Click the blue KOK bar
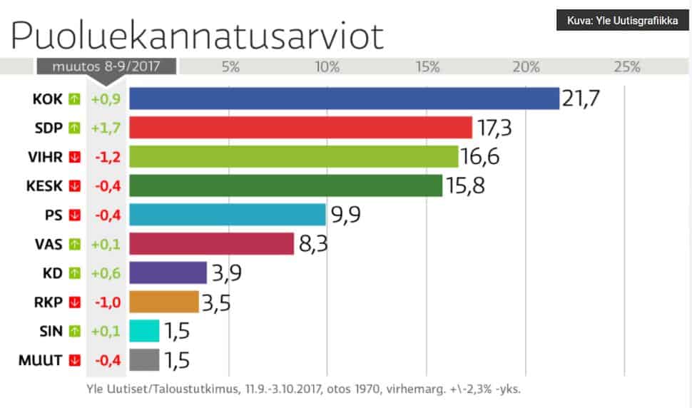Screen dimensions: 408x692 (344, 98)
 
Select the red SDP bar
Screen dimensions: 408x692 (300, 128)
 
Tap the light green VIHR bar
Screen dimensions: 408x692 (293, 156)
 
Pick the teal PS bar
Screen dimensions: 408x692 (228, 214)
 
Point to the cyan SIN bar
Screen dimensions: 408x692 (144, 331)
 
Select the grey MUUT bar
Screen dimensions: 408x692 (144, 359)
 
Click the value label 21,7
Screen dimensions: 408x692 (581, 98)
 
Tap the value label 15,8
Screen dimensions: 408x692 (465, 185)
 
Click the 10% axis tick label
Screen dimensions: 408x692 (327, 67)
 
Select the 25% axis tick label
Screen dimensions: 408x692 (626, 67)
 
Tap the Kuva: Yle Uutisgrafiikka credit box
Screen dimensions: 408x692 (622, 20)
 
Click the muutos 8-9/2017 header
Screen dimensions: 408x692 (107, 67)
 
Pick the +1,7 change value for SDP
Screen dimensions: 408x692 (106, 128)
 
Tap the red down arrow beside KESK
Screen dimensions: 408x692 (74, 185)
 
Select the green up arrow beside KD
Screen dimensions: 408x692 (74, 272)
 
